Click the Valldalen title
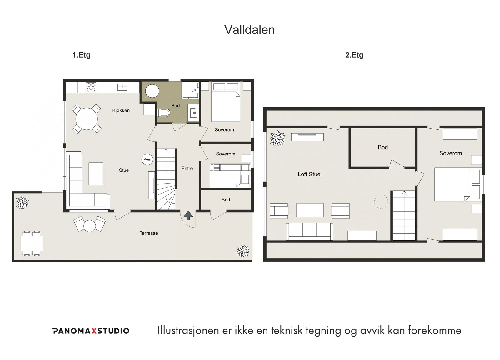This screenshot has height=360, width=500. click(x=249, y=30)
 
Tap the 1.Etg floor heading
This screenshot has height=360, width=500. click(x=81, y=55)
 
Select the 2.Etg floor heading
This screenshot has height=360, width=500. click(x=354, y=55)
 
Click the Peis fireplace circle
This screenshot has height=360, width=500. click(x=147, y=159)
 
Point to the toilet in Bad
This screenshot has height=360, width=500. click(x=164, y=113)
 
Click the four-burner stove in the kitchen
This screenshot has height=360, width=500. click(x=91, y=87)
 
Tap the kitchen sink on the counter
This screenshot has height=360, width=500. click(x=122, y=87)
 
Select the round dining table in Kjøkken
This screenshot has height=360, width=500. click(x=87, y=119)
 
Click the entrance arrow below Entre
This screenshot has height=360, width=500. click(x=188, y=215)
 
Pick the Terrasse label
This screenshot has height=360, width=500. click(x=149, y=233)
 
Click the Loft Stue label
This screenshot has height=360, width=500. click(x=309, y=174)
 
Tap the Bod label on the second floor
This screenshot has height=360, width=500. click(x=383, y=147)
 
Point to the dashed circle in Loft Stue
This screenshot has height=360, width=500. click(x=381, y=201)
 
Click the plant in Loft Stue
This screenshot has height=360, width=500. click(x=277, y=138)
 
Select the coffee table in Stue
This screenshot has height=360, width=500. click(x=96, y=174)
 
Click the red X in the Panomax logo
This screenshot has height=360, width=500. click(x=94, y=331)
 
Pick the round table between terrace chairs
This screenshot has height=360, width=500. click(x=90, y=226)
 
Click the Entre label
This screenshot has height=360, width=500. click(x=187, y=169)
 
